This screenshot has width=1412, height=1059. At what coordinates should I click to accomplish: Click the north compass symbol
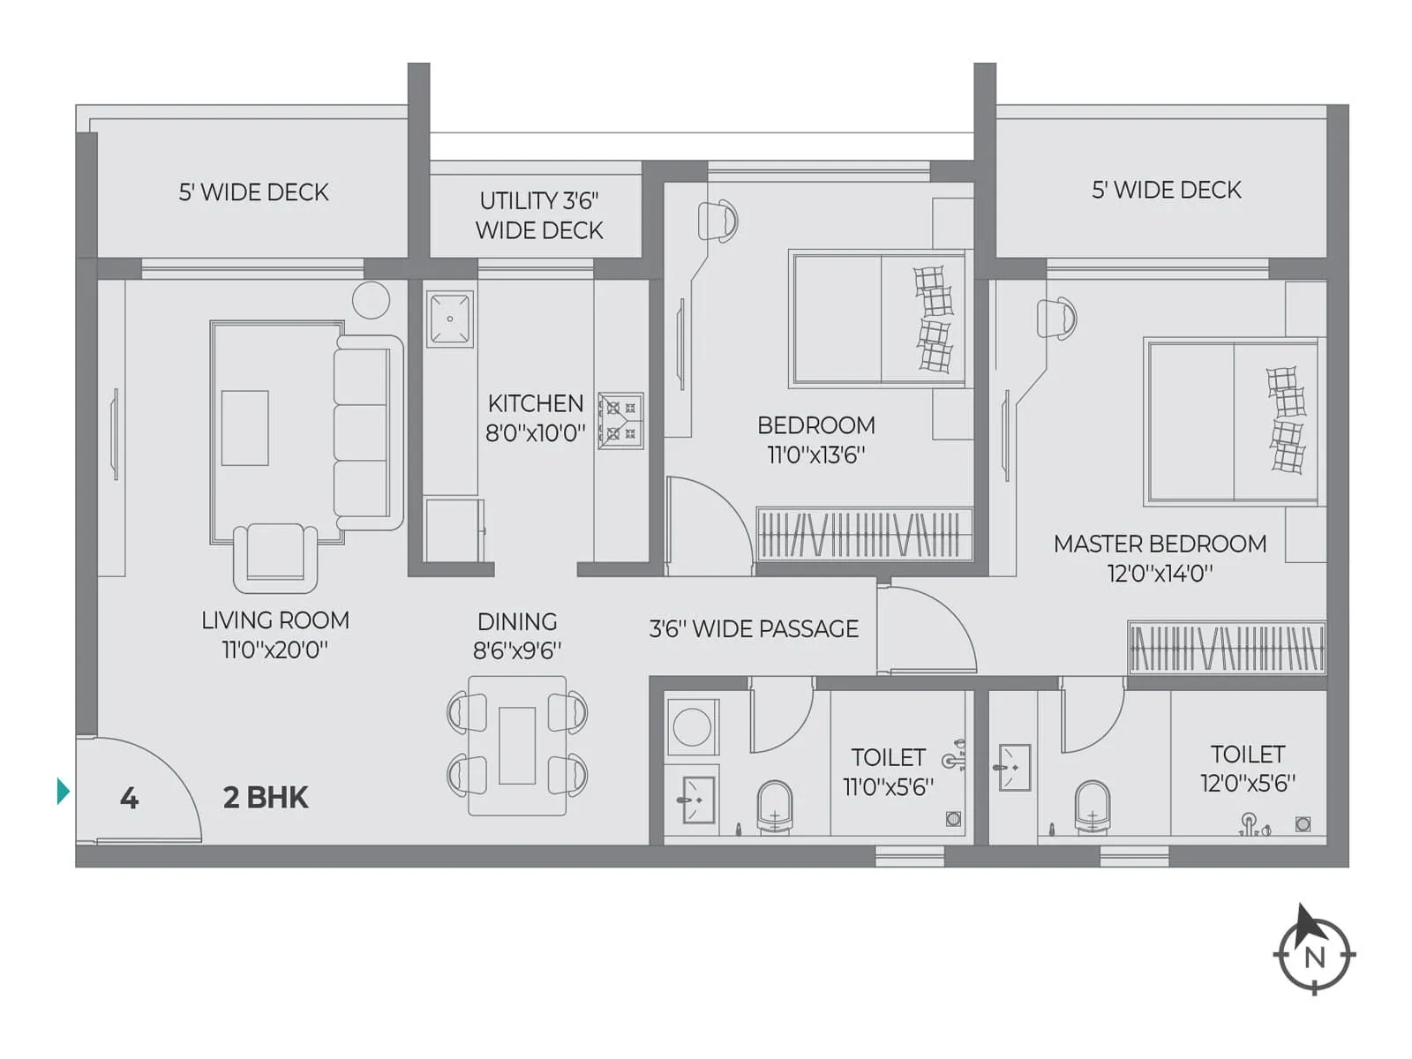tap(1314, 954)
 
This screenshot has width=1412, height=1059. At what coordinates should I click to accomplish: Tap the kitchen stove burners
tap(620, 421)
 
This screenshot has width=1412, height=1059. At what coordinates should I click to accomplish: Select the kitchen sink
tap(450, 319)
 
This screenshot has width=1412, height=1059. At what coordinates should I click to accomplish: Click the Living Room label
tap(275, 620)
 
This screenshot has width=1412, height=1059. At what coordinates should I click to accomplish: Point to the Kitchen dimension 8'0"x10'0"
tap(536, 433)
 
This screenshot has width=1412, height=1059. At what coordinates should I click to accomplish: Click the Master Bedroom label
tap(1160, 544)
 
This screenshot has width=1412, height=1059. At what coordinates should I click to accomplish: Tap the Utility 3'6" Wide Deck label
tap(539, 215)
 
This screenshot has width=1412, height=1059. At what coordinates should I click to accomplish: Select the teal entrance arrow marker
tap(63, 791)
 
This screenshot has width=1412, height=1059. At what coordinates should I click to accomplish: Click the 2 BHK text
tap(266, 798)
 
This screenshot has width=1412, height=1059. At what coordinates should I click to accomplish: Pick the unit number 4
tap(129, 799)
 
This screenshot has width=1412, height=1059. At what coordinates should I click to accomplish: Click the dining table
tap(517, 746)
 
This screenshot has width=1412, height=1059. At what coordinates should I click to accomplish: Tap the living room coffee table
tap(244, 428)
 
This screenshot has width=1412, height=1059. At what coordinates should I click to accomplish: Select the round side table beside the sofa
tap(371, 300)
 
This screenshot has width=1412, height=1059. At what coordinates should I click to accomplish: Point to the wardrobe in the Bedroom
tap(864, 534)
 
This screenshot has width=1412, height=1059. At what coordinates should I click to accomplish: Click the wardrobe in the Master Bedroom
tap(1227, 647)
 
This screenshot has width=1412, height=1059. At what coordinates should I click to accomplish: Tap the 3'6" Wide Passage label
tap(754, 629)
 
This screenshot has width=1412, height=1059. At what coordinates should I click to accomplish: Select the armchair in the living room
tap(275, 556)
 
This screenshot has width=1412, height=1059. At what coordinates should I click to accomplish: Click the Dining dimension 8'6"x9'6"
tap(517, 651)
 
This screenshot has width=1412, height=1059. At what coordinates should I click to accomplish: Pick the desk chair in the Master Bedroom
tap(1056, 319)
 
